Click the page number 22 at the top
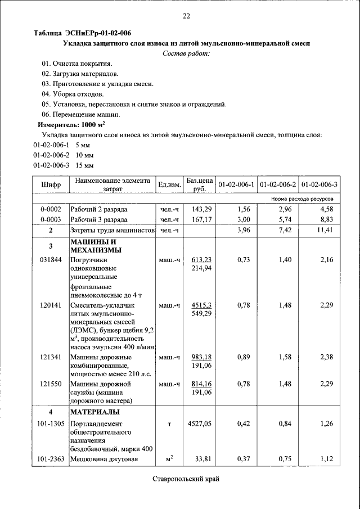[x=186, y=16]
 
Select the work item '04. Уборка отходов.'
[x=73, y=94]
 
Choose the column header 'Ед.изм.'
[x=169, y=185]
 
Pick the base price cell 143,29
[x=201, y=209]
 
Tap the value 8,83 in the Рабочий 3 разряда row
[x=327, y=219]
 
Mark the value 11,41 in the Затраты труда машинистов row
[x=325, y=231]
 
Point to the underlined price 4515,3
[x=201, y=305]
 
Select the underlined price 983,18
[x=201, y=357]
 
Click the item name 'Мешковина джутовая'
[x=104, y=459]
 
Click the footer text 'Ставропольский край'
[x=185, y=479]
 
